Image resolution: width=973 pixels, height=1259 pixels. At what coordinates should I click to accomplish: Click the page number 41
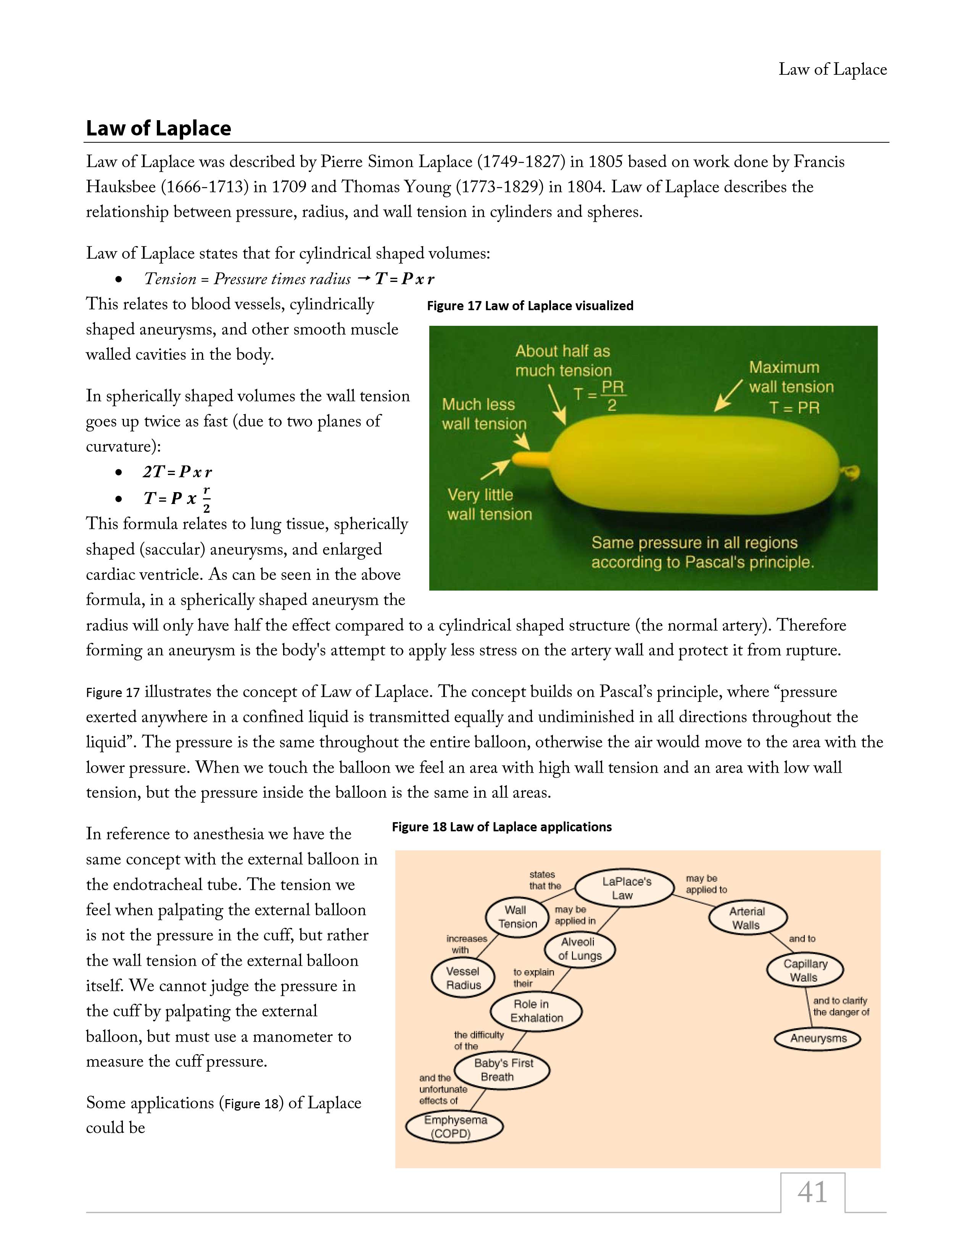[812, 1192]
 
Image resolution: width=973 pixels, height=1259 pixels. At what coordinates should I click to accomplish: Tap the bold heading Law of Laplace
[158, 128]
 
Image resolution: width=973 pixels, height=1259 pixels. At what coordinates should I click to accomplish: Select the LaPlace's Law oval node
[625, 888]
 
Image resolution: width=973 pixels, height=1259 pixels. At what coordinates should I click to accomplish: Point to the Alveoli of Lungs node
[579, 949]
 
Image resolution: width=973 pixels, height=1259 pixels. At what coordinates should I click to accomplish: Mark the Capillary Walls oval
[805, 971]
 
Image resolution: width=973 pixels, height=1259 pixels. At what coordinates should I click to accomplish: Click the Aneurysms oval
[818, 1039]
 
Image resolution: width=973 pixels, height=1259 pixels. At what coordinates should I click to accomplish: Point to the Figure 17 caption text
[530, 306]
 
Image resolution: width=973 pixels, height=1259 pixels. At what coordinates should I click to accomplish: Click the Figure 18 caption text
[501, 827]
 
